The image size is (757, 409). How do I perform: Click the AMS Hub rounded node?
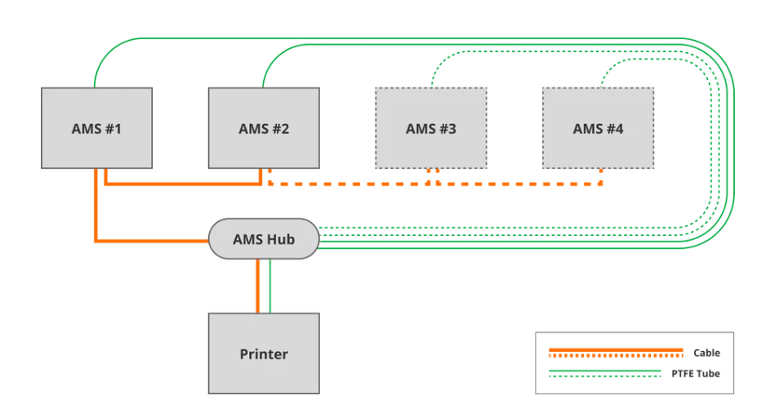tap(263, 239)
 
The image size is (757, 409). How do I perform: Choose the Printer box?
tap(264, 353)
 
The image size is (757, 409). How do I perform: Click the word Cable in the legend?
tap(706, 353)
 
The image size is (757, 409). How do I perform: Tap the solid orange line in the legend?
tap(616, 349)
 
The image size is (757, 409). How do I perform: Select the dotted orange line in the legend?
tap(616, 356)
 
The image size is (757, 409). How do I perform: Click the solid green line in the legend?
tap(604, 371)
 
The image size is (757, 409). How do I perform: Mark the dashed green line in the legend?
tap(604, 377)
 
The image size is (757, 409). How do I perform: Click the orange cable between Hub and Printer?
tap(258, 286)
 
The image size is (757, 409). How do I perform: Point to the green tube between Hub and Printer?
tap(269, 286)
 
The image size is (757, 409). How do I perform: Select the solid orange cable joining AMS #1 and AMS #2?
tap(184, 184)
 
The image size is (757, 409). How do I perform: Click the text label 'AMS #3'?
tap(430, 129)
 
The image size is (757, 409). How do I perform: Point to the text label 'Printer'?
tap(264, 354)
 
